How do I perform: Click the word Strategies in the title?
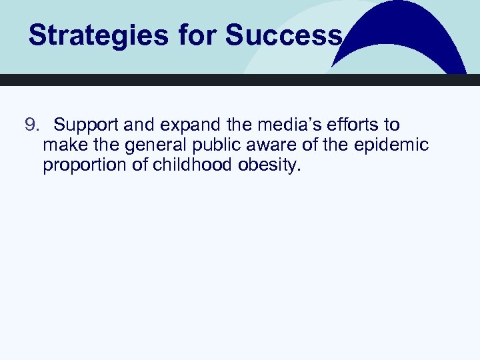(97, 35)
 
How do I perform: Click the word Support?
(87, 125)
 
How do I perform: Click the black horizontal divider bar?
(240, 80)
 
